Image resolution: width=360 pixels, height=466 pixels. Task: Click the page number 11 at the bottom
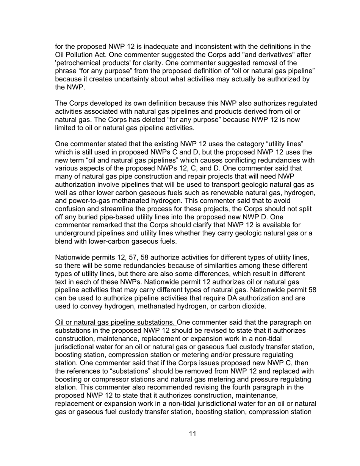coord(192,434)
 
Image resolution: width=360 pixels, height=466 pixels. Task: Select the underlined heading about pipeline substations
coord(115,322)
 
